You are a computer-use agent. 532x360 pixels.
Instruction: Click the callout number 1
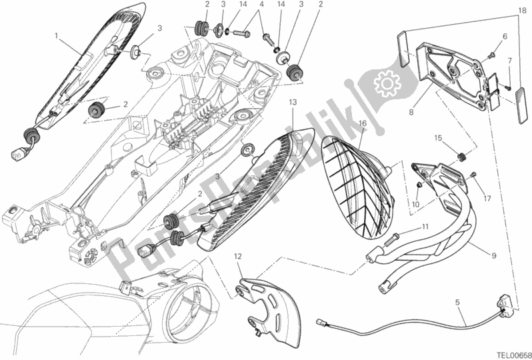click(57, 34)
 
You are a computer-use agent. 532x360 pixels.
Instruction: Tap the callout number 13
click(292, 102)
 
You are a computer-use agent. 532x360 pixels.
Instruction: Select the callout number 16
click(362, 123)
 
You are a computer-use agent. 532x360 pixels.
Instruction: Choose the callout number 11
click(423, 228)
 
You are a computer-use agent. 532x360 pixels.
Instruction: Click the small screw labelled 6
click(493, 51)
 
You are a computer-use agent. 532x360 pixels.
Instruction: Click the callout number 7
click(509, 61)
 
